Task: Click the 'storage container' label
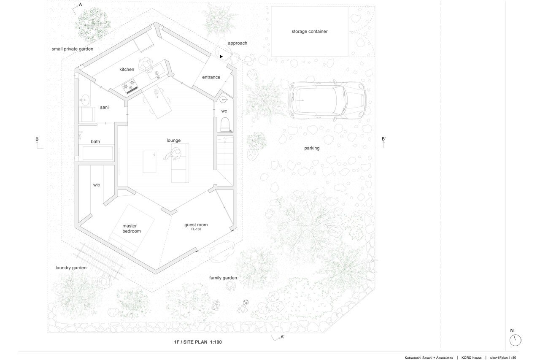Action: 310,31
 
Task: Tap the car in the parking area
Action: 327,100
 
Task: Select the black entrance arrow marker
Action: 221,57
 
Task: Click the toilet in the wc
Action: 225,124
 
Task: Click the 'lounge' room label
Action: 173,141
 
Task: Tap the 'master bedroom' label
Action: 131,228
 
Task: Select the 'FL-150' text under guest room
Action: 196,229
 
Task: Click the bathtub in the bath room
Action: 97,153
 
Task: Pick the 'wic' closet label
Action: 97,185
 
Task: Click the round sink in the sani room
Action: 85,99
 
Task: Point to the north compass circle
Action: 515,340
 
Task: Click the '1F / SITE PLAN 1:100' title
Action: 198,342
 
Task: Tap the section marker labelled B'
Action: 382,143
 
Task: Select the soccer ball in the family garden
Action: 246,302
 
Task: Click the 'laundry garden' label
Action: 71,268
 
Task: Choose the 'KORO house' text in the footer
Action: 471,358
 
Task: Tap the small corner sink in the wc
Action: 224,99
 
